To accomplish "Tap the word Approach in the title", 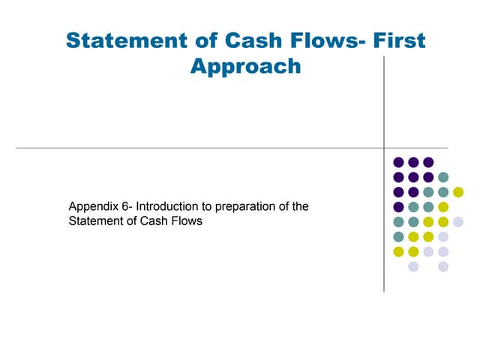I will [245, 66].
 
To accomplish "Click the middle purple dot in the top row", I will [413, 162].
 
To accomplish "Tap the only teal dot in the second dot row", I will [443, 177].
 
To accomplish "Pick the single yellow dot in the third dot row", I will [458, 192].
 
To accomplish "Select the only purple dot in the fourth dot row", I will [398, 207].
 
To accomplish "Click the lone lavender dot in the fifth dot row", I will [458, 221].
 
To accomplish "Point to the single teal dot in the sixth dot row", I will [398, 236].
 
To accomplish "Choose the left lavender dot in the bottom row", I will [413, 266].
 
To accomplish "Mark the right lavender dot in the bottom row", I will [443, 266].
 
